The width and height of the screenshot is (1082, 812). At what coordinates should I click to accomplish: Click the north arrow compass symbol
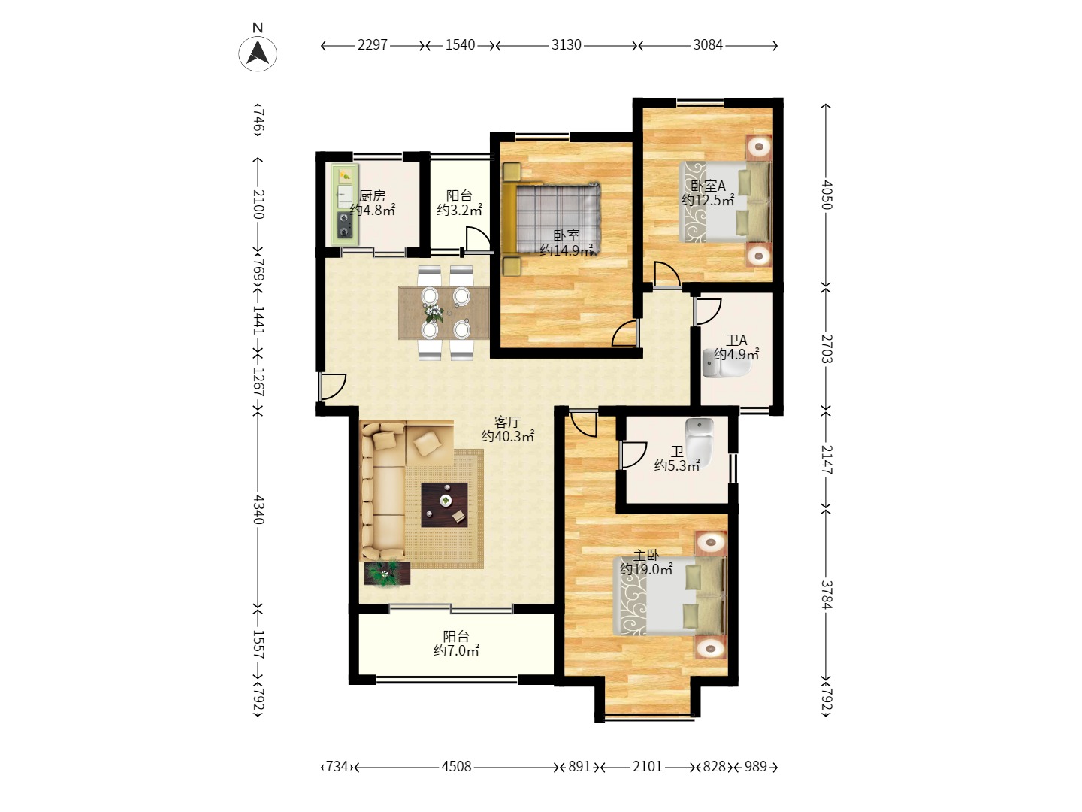[x=258, y=53]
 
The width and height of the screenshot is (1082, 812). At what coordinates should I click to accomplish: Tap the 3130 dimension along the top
[x=566, y=45]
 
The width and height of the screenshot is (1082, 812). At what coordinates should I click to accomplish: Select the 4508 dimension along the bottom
[x=456, y=767]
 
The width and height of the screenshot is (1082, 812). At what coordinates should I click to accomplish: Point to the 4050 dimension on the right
[x=827, y=195]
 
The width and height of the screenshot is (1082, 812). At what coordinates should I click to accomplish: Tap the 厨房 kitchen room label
[x=372, y=195]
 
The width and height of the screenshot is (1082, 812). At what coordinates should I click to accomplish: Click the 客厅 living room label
[x=508, y=422]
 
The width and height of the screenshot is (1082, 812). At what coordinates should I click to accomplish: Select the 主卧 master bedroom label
[x=645, y=556]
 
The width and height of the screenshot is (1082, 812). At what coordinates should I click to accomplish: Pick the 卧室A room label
[x=708, y=186]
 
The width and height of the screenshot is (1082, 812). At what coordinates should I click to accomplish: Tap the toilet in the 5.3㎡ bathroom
[x=699, y=442]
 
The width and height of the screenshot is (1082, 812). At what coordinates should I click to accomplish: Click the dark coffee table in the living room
[x=444, y=504]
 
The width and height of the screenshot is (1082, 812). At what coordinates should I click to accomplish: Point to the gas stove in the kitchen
[x=345, y=225]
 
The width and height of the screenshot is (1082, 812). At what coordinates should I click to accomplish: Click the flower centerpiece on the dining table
[x=434, y=313]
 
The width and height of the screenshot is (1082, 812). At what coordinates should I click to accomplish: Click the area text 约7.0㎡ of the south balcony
[x=456, y=651]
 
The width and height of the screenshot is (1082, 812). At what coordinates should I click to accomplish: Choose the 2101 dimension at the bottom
[x=647, y=767]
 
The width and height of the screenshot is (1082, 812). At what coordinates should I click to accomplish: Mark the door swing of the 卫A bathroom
[x=707, y=311]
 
